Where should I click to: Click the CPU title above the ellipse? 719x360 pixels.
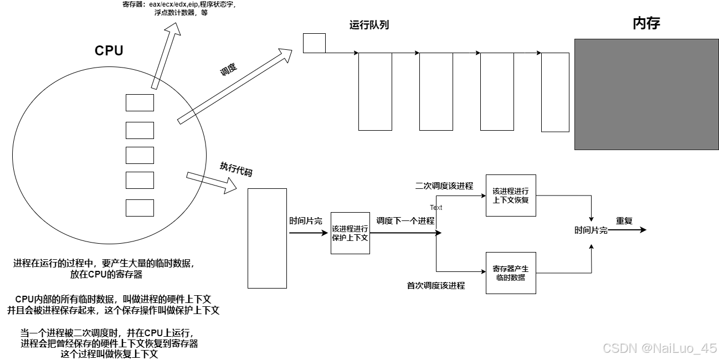109,50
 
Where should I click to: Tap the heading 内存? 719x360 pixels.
646,23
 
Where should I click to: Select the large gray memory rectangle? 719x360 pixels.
646,94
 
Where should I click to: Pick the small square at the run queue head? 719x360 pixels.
314,43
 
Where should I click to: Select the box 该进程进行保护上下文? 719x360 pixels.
350,233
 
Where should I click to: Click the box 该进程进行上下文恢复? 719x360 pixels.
511,196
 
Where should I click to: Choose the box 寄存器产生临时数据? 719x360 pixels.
511,272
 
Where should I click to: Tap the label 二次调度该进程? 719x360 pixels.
444,186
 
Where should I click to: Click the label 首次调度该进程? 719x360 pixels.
436,286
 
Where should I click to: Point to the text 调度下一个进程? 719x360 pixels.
405,220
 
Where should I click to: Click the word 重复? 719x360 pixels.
624,221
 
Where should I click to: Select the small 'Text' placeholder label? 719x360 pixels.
436,208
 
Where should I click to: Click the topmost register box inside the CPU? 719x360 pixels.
140,102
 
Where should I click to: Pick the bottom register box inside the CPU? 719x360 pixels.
140,208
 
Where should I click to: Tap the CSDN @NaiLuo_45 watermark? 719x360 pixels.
659,348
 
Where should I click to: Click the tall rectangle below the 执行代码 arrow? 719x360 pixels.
267,238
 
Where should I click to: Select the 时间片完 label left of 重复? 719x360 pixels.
590,230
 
